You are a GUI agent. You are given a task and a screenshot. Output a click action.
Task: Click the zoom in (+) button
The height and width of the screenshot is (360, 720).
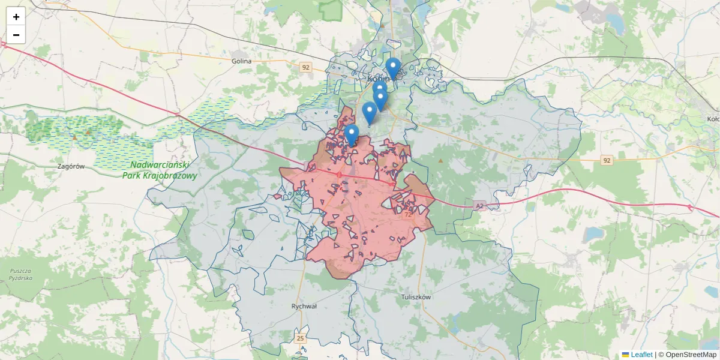(16, 17)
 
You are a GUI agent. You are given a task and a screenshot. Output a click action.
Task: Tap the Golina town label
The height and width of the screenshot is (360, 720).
(241, 61)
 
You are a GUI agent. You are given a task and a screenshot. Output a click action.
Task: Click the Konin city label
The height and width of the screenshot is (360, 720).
(379, 79)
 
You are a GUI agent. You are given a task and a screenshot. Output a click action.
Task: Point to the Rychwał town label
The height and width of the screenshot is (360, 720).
(304, 306)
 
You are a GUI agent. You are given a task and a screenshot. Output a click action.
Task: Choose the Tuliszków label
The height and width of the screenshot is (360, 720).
(416, 296)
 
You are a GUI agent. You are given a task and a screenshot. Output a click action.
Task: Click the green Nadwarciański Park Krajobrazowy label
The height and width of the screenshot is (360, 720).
(160, 170)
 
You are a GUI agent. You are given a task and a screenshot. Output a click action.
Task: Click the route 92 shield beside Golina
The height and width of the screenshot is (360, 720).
(306, 67)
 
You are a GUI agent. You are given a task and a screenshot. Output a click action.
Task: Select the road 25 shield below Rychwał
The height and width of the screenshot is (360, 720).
(301, 339)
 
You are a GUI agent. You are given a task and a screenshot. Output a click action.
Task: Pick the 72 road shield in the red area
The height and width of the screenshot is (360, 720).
(408, 214)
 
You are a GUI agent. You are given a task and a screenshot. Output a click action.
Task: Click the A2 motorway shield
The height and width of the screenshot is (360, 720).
(478, 206)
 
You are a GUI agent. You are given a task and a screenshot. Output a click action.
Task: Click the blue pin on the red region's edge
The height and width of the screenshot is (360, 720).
(352, 135)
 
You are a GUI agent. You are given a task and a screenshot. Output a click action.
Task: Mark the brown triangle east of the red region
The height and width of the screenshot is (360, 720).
(441, 160)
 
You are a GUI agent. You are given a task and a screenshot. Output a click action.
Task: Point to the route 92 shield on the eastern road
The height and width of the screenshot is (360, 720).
(607, 160)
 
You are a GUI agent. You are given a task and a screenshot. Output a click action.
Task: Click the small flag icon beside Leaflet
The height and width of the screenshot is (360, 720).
(625, 355)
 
